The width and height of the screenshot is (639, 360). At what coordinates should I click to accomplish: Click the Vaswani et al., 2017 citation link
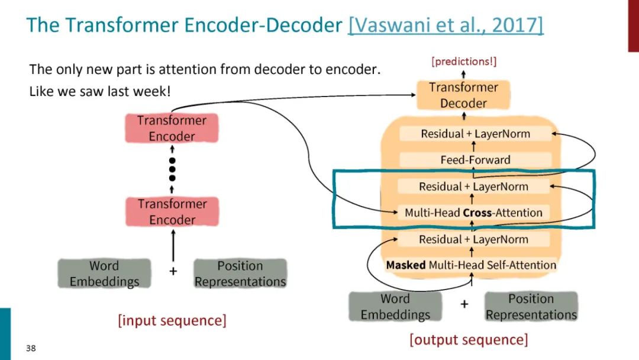coord(446,25)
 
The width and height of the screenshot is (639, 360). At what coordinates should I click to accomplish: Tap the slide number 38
coord(31,348)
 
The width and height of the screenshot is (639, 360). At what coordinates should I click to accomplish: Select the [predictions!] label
coord(464,62)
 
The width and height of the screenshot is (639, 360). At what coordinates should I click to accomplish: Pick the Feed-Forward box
coord(475,160)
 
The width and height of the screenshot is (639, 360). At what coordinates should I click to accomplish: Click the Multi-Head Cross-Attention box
coord(473,213)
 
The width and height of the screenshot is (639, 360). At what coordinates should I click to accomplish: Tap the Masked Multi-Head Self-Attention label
coord(471,265)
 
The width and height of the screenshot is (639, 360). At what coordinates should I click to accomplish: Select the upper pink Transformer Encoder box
coord(172,128)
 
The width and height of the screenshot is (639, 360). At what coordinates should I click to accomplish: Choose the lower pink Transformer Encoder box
coord(172,212)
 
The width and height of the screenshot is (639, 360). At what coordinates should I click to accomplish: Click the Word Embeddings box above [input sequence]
coord(104,274)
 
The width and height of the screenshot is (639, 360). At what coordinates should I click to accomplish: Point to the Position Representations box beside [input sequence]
coord(240,274)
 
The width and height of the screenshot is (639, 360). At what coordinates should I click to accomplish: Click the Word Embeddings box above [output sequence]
coord(395,307)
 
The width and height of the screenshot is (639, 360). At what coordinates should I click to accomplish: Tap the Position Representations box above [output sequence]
coord(531,307)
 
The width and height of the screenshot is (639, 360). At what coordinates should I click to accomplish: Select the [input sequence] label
coord(172,320)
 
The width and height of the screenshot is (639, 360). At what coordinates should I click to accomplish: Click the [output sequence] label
coord(469,339)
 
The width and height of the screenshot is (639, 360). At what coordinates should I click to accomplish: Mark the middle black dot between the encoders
coord(172,169)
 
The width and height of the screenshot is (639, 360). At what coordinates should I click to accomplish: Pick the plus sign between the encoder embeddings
coord(173,272)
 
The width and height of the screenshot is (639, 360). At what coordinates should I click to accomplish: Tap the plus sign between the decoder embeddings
coord(464,304)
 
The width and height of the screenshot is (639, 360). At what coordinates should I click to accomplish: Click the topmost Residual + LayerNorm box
coord(475,134)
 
